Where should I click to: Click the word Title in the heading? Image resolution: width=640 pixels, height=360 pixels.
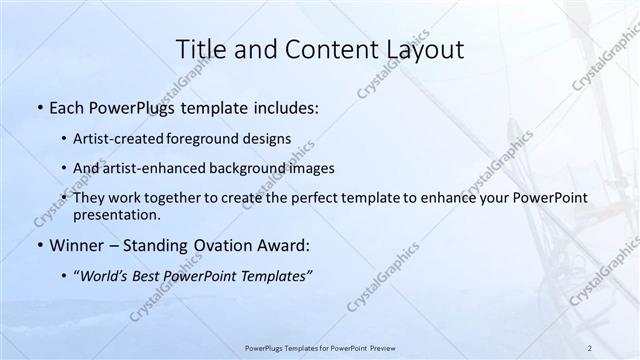(201, 49)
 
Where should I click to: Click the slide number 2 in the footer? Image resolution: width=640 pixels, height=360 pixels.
(590, 348)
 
